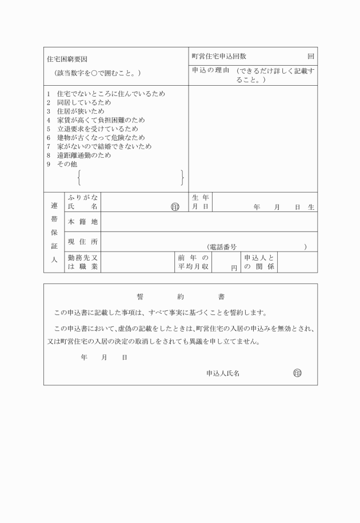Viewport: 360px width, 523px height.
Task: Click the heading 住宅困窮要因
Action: pos(67,59)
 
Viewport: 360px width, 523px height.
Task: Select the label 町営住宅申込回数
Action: pos(219,56)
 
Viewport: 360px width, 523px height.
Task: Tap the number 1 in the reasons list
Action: pos(49,94)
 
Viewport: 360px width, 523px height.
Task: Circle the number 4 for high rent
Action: pos(49,120)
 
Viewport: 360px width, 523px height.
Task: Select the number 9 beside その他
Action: pos(49,164)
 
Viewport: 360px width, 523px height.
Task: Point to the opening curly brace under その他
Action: pos(79,178)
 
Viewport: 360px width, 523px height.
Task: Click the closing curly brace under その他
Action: pos(182,178)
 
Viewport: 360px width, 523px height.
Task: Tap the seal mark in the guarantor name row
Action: pos(175,206)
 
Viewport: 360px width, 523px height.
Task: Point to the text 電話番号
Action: pos(223,247)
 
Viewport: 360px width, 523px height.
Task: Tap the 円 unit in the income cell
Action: pos(234,268)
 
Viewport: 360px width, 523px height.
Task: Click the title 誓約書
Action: pos(181,297)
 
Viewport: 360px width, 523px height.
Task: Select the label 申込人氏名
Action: pos(223,373)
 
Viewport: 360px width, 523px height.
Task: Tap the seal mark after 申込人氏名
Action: pos(297,373)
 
